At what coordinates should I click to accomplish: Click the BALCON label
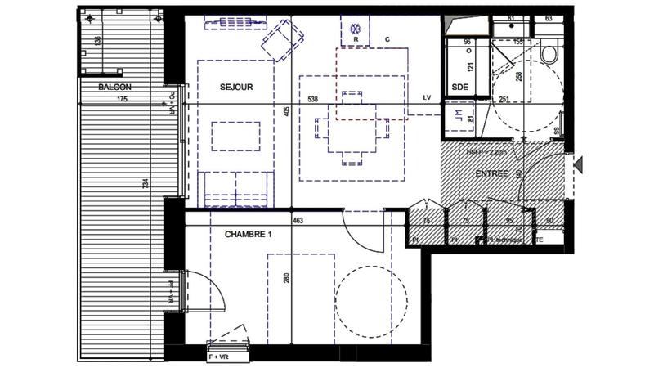pyautogui.click(x=114, y=87)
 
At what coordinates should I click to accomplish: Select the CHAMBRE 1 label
pyautogui.click(x=248, y=235)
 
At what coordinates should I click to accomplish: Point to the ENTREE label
pyautogui.click(x=491, y=174)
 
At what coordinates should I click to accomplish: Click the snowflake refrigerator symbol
pyautogui.click(x=355, y=24)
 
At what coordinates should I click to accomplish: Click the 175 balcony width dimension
pyautogui.click(x=122, y=100)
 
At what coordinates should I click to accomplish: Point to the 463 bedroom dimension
pyautogui.click(x=299, y=221)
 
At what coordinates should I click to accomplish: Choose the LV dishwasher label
pyautogui.click(x=427, y=99)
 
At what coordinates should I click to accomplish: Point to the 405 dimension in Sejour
pyautogui.click(x=287, y=112)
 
